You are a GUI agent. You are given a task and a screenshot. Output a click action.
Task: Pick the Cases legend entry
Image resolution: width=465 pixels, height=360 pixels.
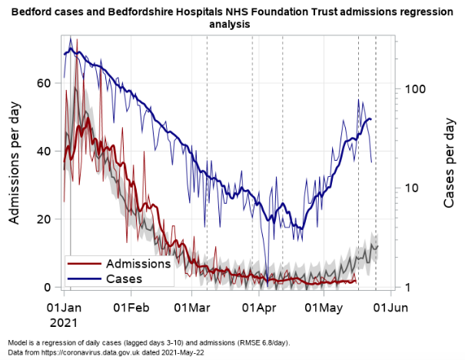(x=124, y=278)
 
